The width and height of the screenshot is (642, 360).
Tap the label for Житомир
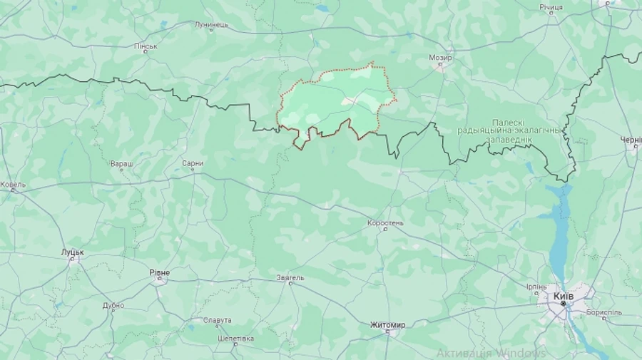[x=387, y=325]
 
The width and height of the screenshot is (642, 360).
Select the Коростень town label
[x=385, y=223]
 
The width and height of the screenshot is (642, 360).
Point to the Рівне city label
[x=160, y=272]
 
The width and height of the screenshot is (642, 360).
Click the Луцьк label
[x=73, y=252]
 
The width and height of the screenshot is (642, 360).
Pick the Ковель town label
[x=13, y=185]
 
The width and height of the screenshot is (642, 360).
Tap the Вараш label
[x=121, y=163]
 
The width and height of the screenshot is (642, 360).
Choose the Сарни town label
[x=193, y=163]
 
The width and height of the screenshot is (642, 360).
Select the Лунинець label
[x=211, y=25]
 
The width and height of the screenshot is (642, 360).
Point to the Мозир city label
[x=440, y=57]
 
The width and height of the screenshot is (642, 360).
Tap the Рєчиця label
[x=551, y=7]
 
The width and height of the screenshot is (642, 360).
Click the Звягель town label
[x=290, y=278]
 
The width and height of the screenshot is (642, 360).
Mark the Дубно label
[x=113, y=305]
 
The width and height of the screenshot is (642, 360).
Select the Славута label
[x=217, y=320]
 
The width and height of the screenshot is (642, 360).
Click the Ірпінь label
[x=536, y=287]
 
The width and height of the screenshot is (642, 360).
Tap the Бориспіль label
[x=603, y=312]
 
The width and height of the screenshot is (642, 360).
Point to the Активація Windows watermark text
[x=491, y=353]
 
